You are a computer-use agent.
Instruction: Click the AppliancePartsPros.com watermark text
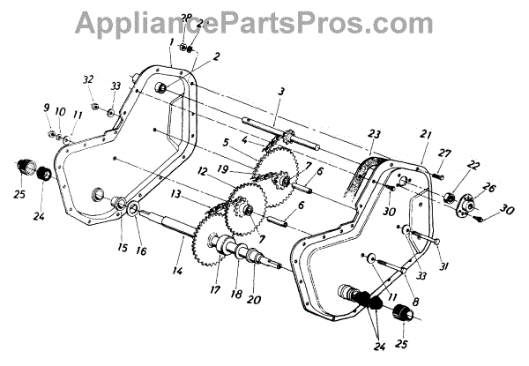(264, 19)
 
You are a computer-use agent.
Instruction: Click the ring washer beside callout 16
(132, 210)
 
